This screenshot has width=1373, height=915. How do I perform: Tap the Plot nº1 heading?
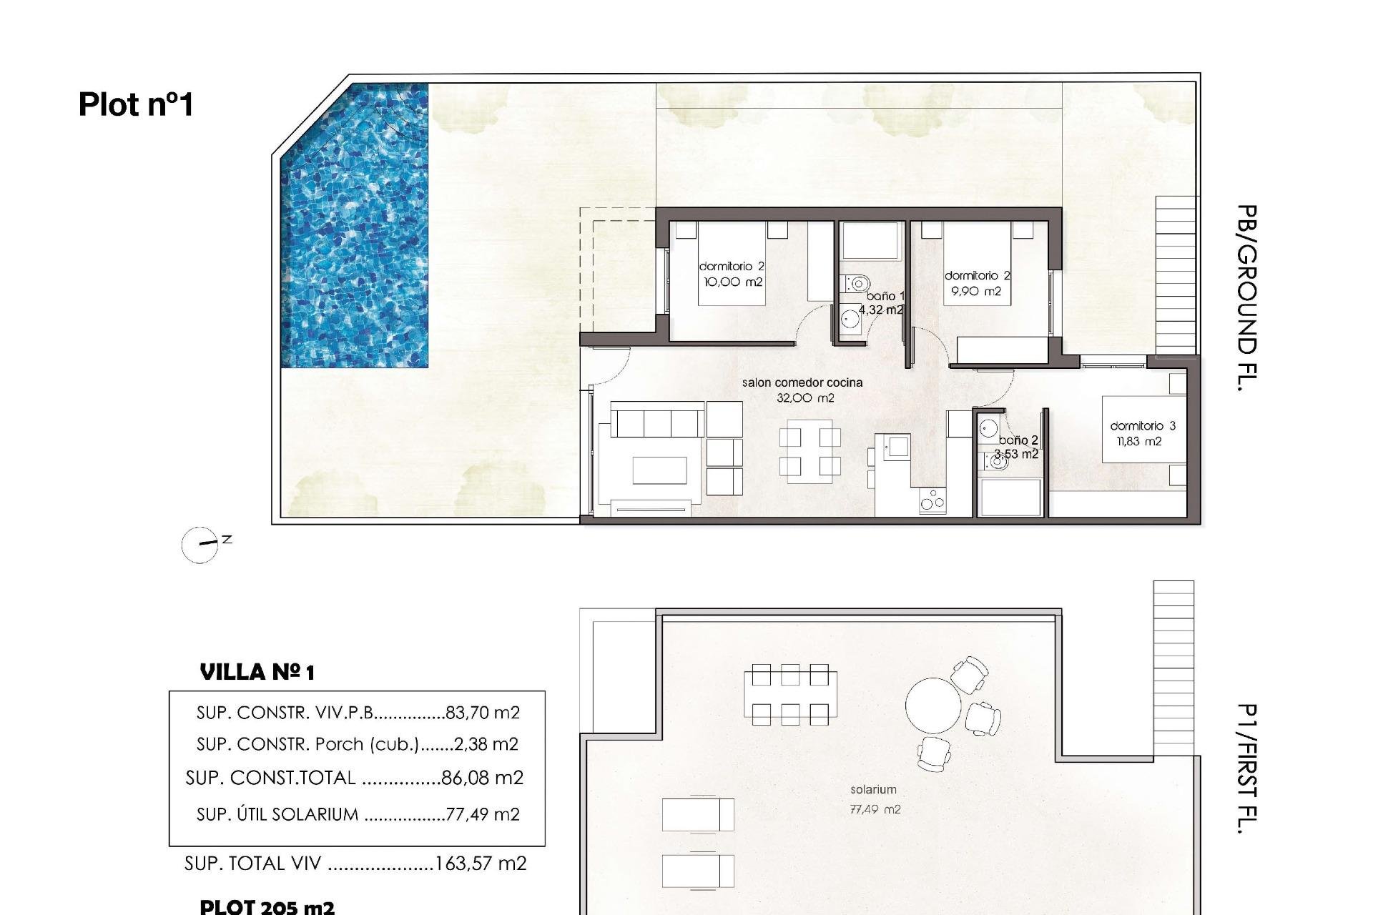[x=136, y=104]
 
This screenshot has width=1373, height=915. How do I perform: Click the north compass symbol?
[x=200, y=545]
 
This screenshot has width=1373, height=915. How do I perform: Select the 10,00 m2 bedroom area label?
[x=733, y=282]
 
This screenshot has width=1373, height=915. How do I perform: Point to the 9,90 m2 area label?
[x=976, y=292]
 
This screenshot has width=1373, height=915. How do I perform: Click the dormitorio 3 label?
[x=1142, y=426]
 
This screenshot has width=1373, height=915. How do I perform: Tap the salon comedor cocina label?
[x=802, y=383]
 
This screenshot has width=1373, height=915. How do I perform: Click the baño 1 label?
[x=885, y=296]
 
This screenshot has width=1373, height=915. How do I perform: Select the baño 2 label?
[x=1018, y=440]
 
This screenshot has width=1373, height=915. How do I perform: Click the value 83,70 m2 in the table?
[x=482, y=713]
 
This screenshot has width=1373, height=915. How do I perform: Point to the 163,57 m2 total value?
[x=481, y=864]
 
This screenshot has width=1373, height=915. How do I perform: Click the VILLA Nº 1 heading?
[x=257, y=672]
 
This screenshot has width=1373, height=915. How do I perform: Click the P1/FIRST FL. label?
[x=1246, y=768]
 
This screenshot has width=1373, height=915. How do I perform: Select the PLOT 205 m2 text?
[x=267, y=906]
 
